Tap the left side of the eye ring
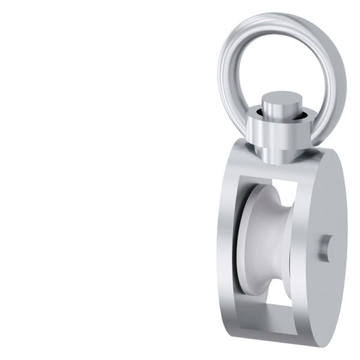[227, 74]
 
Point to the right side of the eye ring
[338, 81]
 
